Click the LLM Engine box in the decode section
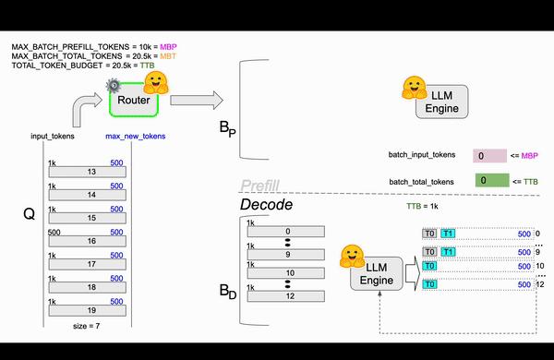point(377,273)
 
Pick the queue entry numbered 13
point(90,171)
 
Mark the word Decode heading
point(267,204)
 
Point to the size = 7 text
point(90,327)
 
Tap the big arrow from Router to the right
point(196,100)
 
